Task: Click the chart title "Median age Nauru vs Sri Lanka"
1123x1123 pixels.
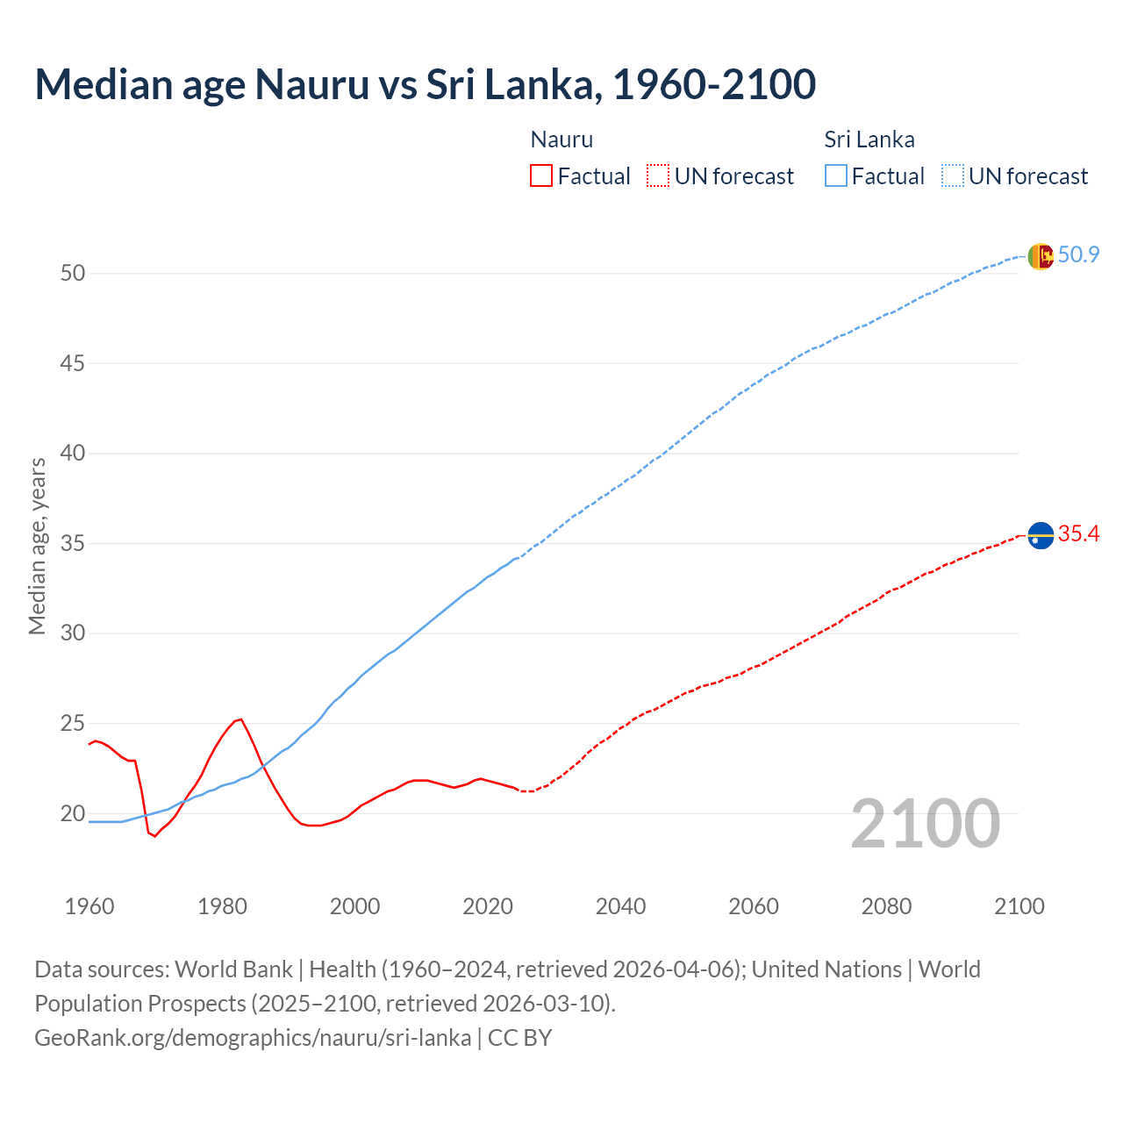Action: [426, 84]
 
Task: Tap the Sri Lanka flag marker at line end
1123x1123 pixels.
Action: [1040, 256]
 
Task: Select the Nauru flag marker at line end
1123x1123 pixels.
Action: [1040, 534]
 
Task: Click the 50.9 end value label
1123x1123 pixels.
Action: [1078, 255]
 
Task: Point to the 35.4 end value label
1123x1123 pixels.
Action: [1078, 533]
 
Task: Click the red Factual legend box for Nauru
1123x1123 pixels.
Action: [541, 176]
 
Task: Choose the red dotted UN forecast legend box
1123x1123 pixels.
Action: [658, 176]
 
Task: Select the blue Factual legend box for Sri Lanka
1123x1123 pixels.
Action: [836, 176]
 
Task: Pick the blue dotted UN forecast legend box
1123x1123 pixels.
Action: [952, 176]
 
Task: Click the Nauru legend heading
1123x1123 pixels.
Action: [561, 139]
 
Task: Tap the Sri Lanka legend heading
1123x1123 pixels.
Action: [869, 139]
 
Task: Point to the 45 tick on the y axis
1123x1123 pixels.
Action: [73, 363]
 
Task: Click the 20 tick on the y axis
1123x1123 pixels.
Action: [73, 813]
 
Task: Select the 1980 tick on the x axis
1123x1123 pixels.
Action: [222, 906]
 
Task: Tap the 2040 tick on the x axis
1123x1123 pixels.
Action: [620, 906]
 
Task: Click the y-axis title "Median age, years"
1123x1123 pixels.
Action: [37, 546]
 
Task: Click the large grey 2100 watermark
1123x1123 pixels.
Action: [925, 823]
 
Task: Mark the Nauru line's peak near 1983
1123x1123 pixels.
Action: [241, 719]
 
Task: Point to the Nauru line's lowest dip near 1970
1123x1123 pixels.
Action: [155, 836]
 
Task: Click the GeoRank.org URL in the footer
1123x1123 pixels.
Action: [253, 1038]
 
